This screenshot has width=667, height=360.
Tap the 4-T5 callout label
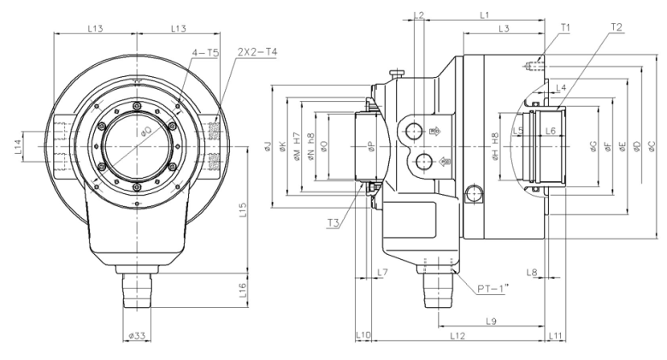(x=206, y=53)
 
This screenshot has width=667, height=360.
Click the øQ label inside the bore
(x=146, y=132)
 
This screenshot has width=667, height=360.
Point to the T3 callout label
(x=333, y=223)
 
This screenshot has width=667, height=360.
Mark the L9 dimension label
(x=492, y=321)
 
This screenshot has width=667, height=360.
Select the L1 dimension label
(x=484, y=15)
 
